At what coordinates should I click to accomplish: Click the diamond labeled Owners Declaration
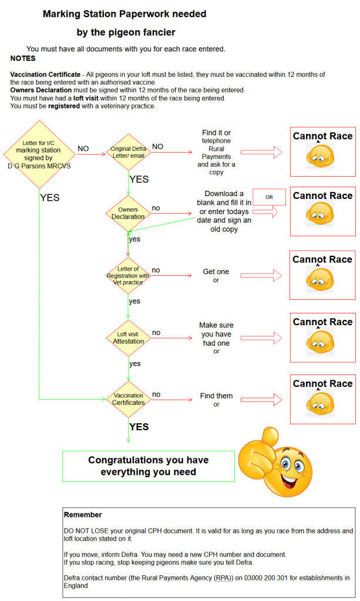pyautogui.click(x=128, y=212)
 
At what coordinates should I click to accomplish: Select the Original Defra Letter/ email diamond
pyautogui.click(x=128, y=152)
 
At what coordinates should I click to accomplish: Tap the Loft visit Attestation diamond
pyautogui.click(x=128, y=337)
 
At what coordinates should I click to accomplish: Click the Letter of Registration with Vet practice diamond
pyautogui.click(x=128, y=275)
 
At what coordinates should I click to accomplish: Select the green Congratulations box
pyautogui.click(x=148, y=466)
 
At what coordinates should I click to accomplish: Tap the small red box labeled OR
pyautogui.click(x=269, y=197)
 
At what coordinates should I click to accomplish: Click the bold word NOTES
pyautogui.click(x=23, y=59)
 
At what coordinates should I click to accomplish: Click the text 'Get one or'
pyautogui.click(x=216, y=276)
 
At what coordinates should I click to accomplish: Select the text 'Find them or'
pyautogui.click(x=216, y=400)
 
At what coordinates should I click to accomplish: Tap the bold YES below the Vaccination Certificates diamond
pyautogui.click(x=139, y=427)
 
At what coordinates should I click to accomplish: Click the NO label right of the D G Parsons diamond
pyautogui.click(x=83, y=149)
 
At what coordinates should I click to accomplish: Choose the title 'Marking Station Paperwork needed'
pyautogui.click(x=124, y=14)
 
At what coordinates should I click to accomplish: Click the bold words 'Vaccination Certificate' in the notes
pyautogui.click(x=45, y=75)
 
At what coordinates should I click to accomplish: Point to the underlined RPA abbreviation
pyautogui.click(x=223, y=562)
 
